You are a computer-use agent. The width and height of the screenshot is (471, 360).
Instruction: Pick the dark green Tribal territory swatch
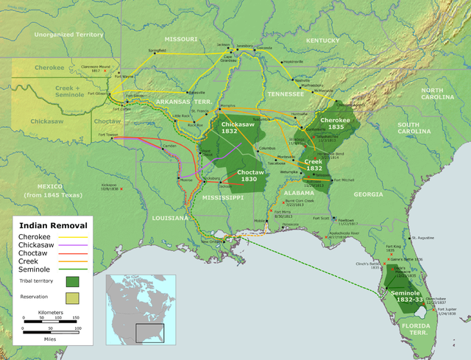(x=73, y=281)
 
